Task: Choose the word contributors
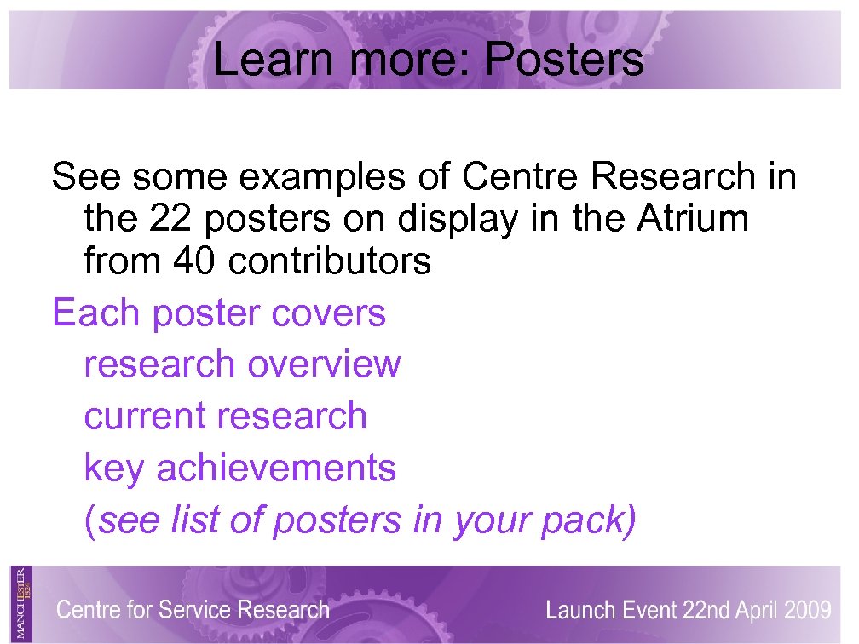coord(330,262)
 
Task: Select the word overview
coord(324,365)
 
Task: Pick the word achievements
coord(276,468)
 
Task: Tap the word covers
coord(328,313)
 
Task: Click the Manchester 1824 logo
coord(23,602)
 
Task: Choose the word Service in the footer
coord(195,610)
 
